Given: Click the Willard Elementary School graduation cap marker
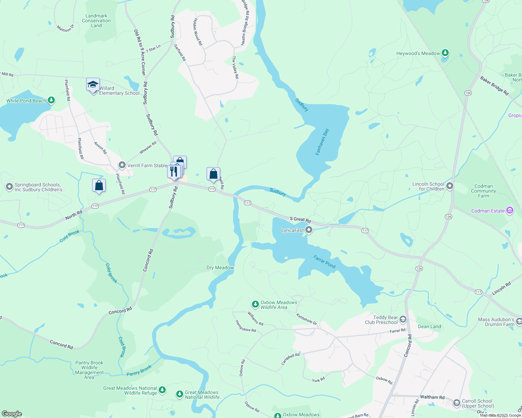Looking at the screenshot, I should [x=93, y=85].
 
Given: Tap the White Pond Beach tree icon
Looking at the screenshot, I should [x=51, y=101].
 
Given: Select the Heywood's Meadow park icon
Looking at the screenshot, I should [x=445, y=53].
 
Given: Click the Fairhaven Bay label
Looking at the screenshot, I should [x=322, y=142].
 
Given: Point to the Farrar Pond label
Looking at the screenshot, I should [x=325, y=262].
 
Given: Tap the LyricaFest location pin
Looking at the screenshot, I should [x=309, y=230].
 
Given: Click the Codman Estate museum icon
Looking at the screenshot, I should [x=510, y=211].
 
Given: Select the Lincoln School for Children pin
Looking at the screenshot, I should [x=450, y=186].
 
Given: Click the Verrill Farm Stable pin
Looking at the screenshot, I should [x=122, y=165].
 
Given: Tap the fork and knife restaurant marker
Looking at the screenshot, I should [x=174, y=171].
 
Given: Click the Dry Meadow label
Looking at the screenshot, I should [x=220, y=268].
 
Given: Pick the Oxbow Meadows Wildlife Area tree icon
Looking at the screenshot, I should [x=255, y=304].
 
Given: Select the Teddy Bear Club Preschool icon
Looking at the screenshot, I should [x=403, y=319].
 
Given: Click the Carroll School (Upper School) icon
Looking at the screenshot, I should [x=456, y=403].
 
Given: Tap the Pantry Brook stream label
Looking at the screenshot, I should [x=139, y=371].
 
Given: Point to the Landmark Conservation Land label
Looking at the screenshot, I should [x=96, y=21].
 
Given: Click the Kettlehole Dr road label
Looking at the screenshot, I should [x=306, y=319].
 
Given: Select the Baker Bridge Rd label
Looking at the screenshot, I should [x=494, y=86].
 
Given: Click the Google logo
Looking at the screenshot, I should [x=12, y=414].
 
